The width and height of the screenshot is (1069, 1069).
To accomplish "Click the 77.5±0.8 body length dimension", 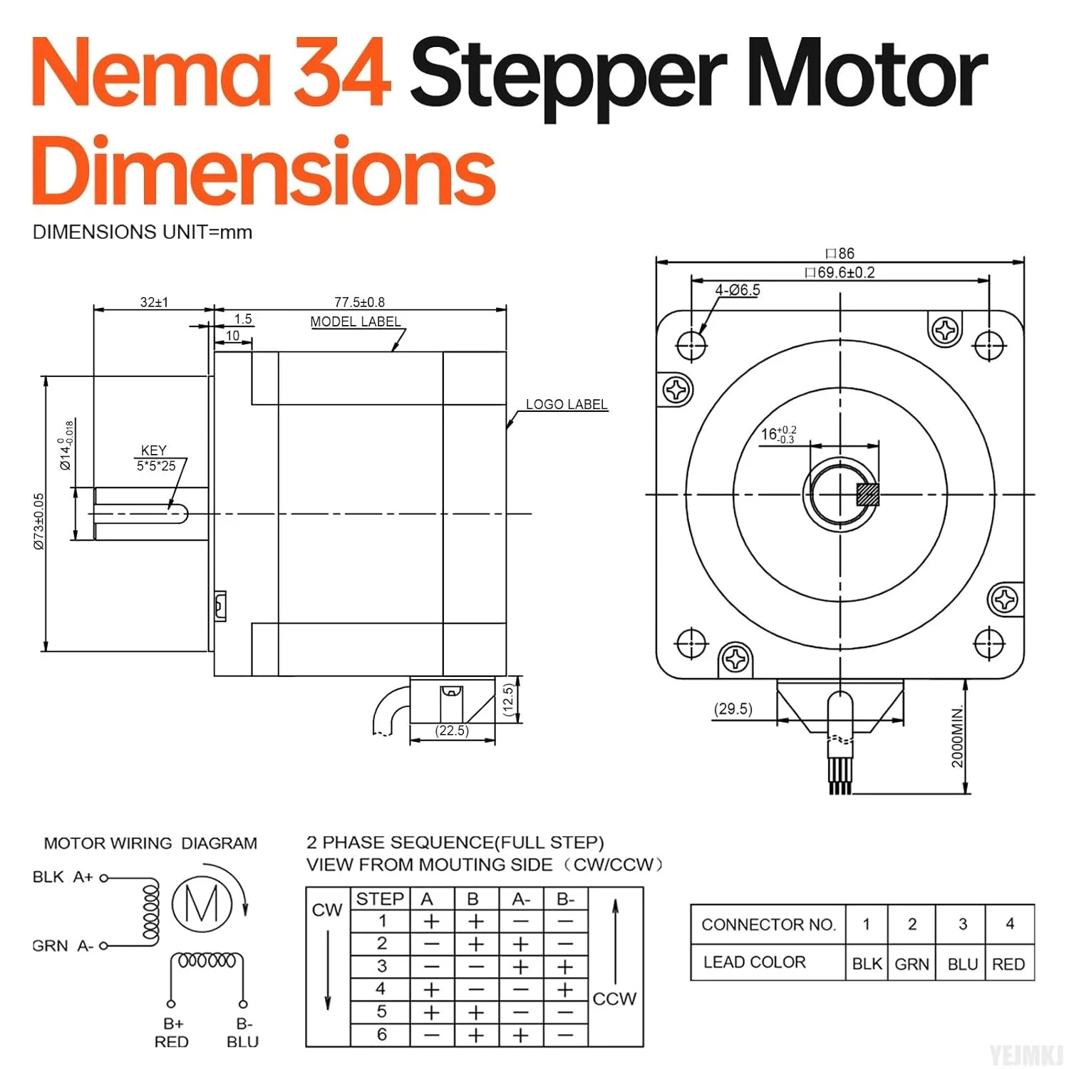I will pyautogui.click(x=359, y=302).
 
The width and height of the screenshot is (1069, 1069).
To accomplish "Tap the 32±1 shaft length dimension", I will pyautogui.click(x=154, y=302).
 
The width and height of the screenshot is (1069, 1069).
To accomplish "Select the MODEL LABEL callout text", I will pyautogui.click(x=356, y=321).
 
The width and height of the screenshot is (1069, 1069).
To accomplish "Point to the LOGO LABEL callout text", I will pyautogui.click(x=567, y=404).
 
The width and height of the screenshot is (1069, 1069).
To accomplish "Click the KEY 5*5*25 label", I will pyautogui.click(x=155, y=458).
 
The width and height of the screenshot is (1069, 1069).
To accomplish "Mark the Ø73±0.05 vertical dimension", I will pyautogui.click(x=39, y=521).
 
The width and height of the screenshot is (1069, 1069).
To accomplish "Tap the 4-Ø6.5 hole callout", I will pyautogui.click(x=738, y=290).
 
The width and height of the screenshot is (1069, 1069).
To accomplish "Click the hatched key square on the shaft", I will pyautogui.click(x=867, y=495).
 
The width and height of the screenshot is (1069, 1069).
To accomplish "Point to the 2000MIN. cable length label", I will pyautogui.click(x=957, y=736).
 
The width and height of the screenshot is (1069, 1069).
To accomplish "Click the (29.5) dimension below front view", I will pyautogui.click(x=733, y=708).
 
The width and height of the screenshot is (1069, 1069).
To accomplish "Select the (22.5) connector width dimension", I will pyautogui.click(x=452, y=730).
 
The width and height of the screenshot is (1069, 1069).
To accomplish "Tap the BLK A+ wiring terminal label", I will pyautogui.click(x=63, y=877).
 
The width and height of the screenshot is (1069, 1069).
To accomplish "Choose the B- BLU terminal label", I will pyautogui.click(x=243, y=1033).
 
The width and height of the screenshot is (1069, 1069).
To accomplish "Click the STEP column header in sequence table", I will pyautogui.click(x=380, y=899).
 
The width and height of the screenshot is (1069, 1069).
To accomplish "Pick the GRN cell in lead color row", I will pyautogui.click(x=912, y=964).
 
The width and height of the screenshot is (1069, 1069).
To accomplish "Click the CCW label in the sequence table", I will pyautogui.click(x=614, y=998).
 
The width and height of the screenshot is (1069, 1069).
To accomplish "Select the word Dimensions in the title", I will pyautogui.click(x=264, y=171).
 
